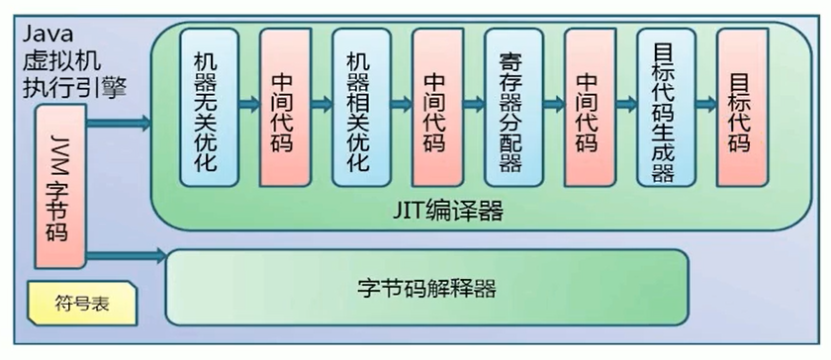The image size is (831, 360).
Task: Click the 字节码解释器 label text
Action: pyautogui.click(x=426, y=289)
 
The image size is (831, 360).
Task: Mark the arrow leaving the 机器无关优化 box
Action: pyautogui.click(x=244, y=105)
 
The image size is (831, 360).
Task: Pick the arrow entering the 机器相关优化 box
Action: pyautogui.click(x=321, y=105)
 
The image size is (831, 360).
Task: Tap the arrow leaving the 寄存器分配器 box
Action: pyautogui.click(x=549, y=105)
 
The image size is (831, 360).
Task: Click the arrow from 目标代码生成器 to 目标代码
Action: pyautogui.click(x=701, y=105)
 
